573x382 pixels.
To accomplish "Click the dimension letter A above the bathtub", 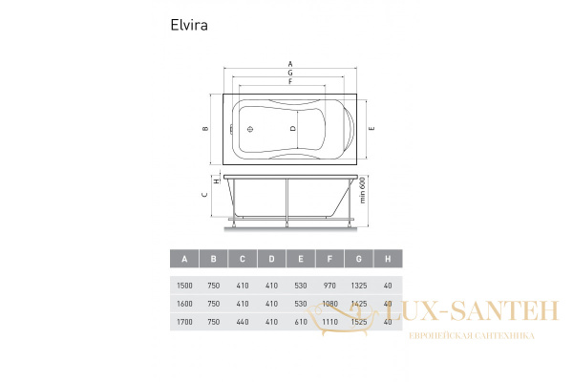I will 289,64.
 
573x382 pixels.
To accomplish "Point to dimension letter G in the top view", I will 289,74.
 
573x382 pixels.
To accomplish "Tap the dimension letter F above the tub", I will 289,82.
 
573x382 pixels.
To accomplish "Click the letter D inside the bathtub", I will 293,127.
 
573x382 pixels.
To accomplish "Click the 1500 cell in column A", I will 183,285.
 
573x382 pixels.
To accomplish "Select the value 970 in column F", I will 329,285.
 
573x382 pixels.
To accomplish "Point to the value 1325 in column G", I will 358,285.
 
